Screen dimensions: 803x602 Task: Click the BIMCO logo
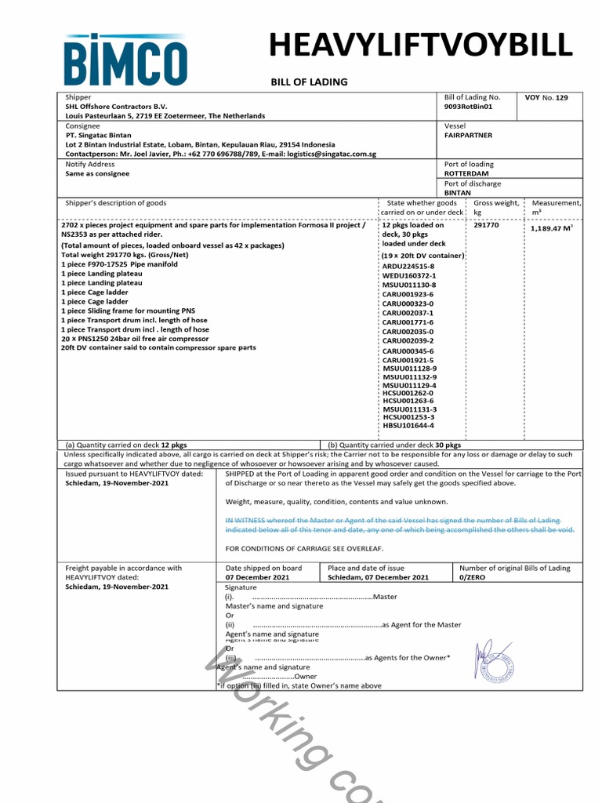pos(126,60)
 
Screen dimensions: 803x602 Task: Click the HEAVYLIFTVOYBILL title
pos(421,46)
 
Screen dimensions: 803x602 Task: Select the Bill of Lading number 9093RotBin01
pos(469,106)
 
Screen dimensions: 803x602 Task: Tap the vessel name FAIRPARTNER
pos(468,135)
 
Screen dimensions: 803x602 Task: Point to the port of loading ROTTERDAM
pos(466,173)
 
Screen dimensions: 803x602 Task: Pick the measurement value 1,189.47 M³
pos(551,228)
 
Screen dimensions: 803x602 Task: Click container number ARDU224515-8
pos(408,267)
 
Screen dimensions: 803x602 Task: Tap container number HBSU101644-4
pos(408,426)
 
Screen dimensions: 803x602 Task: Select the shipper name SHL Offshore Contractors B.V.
pos(117,106)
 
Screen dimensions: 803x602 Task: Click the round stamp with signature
pos(495,659)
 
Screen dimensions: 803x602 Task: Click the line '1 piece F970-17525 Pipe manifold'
pos(119,264)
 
